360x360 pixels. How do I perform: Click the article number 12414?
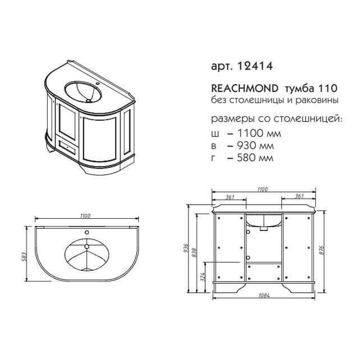pos(255,66)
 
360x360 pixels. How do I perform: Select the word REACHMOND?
pos(244,88)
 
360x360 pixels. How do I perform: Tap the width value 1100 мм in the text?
pos(259,133)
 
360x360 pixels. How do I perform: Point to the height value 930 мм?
pos(255,146)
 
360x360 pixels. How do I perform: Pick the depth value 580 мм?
pos(255,158)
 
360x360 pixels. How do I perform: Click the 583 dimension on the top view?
pos(25,257)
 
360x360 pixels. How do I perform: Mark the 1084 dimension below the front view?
pos(264,296)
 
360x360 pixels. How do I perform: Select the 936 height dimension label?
pos(186,248)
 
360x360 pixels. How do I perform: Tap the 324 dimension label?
pos(202,277)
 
